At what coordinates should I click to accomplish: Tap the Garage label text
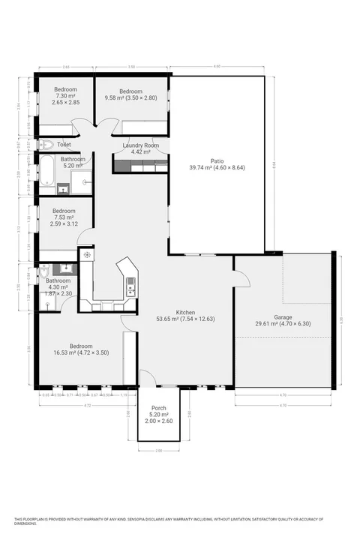(283, 317)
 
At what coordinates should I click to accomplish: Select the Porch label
(159, 409)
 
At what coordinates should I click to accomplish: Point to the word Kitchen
(185, 312)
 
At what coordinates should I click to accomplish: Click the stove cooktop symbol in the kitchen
(88, 256)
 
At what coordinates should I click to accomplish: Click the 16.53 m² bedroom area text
(81, 352)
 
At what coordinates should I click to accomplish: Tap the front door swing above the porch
(148, 377)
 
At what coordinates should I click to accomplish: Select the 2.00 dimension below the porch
(159, 451)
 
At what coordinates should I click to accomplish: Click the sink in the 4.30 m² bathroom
(66, 268)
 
